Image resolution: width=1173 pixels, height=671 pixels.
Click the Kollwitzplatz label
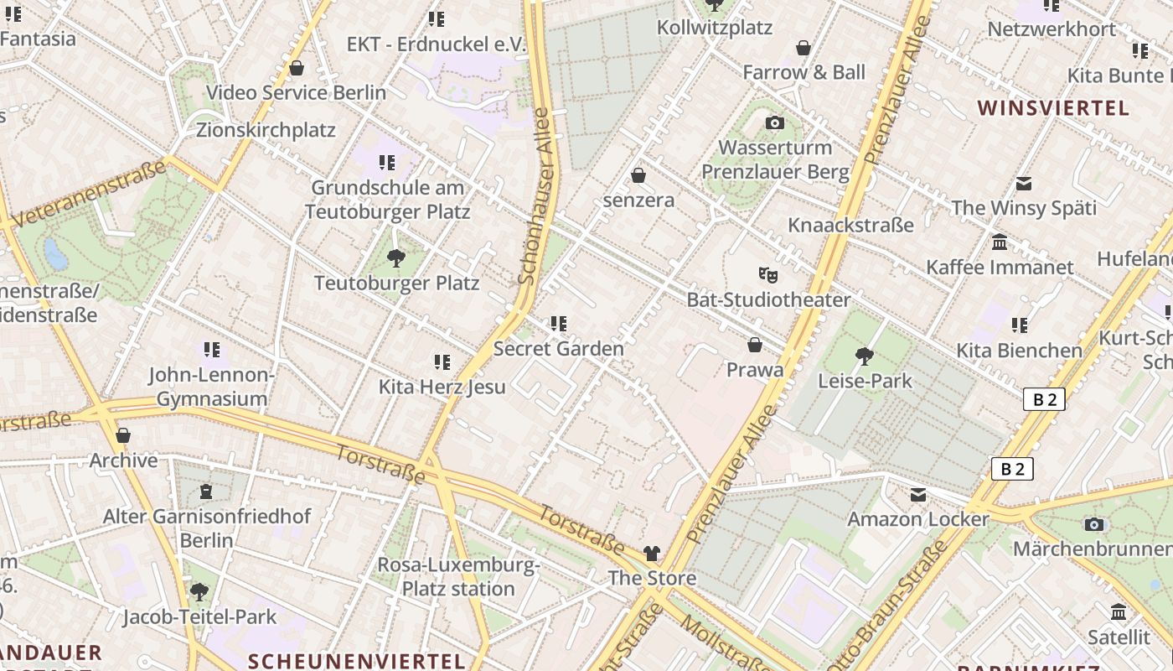(x=714, y=28)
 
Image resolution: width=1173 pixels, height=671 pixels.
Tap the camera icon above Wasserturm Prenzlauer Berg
(x=775, y=123)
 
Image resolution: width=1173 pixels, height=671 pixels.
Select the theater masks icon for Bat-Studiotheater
(x=767, y=274)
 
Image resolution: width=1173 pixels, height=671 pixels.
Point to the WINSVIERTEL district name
(x=1053, y=108)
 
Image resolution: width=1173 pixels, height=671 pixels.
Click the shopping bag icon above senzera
(x=638, y=175)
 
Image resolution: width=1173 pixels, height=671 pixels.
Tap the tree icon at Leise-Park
(x=864, y=356)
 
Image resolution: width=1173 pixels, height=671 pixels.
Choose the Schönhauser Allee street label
(x=537, y=197)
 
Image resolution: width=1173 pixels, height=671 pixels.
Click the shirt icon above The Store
(x=652, y=554)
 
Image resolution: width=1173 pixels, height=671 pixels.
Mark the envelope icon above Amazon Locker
(x=918, y=495)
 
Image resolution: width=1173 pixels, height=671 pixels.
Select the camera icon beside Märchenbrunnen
(x=1093, y=525)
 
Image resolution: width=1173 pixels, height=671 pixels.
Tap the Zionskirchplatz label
(x=266, y=130)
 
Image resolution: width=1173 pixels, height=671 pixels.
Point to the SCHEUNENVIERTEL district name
(x=357, y=661)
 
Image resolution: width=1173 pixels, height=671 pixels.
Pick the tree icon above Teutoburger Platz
(x=396, y=258)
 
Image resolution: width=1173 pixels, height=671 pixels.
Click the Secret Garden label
(x=559, y=348)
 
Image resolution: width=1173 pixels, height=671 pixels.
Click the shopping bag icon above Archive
(x=123, y=435)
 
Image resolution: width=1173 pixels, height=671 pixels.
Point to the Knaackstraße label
(x=850, y=225)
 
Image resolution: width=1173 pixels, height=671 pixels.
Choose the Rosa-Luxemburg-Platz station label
(x=457, y=577)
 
